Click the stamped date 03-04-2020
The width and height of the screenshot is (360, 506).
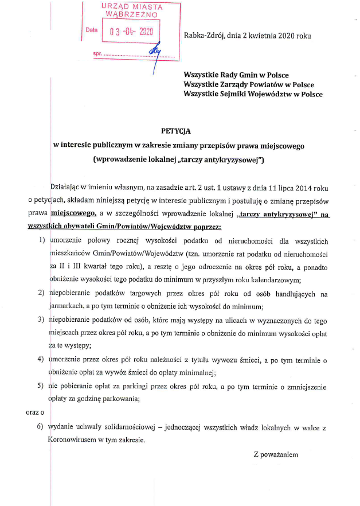[x=131, y=32]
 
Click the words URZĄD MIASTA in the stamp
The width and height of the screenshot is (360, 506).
[x=132, y=7]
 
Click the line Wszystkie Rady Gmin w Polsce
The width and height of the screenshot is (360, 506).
[x=236, y=75]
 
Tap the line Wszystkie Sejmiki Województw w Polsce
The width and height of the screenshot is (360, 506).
[x=253, y=94]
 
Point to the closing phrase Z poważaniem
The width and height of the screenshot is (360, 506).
[x=276, y=454]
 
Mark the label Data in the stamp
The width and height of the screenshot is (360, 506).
[x=92, y=29]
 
